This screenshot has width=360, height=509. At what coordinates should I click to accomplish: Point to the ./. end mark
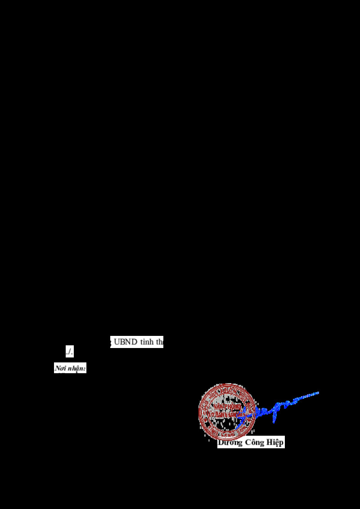[69, 351]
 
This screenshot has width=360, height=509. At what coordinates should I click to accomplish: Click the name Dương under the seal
[230, 442]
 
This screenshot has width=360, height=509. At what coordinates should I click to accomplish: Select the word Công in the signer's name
[255, 442]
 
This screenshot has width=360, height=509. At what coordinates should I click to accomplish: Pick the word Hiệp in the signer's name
[274, 442]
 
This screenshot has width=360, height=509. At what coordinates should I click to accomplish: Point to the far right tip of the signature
[318, 393]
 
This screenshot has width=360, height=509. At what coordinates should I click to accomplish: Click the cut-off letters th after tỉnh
[159, 342]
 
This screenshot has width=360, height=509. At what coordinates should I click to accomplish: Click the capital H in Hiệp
[269, 442]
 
